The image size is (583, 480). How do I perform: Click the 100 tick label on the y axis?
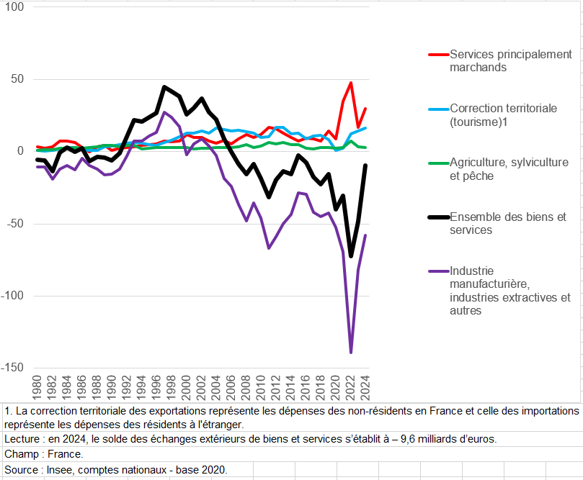coord(14,7)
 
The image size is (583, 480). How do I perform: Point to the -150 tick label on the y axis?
coord(12,368)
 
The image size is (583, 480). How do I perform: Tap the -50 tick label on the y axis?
coord(15,224)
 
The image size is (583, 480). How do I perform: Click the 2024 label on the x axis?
coord(365,386)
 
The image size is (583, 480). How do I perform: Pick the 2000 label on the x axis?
coord(186,386)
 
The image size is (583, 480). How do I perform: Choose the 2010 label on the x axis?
coord(261,386)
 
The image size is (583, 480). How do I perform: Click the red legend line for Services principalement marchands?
coord(438,55)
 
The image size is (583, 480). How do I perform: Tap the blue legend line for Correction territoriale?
coord(438,109)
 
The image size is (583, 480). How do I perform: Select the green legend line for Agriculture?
coord(438,163)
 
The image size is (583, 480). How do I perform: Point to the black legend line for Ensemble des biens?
coord(438,217)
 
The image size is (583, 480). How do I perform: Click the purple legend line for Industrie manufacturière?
coord(438,271)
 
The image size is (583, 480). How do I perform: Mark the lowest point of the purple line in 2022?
coord(351,352)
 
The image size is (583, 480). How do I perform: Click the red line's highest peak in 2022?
coord(351,83)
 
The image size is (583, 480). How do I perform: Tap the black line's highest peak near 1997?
coord(164,87)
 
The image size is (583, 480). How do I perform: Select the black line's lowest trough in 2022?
coord(351,255)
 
